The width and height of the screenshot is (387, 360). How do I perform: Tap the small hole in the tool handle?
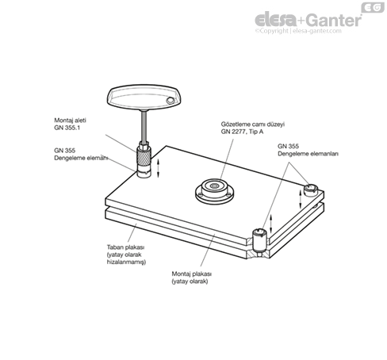170,101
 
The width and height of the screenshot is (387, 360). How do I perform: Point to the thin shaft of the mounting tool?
144,126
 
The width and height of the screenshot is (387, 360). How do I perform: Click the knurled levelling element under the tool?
144,159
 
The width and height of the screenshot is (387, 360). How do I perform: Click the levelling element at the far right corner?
310,190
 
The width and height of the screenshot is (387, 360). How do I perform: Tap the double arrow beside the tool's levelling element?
159,168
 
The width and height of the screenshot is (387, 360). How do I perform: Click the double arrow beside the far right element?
301,199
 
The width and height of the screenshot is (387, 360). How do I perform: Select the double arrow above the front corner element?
270,224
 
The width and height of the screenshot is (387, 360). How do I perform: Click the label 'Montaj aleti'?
70,121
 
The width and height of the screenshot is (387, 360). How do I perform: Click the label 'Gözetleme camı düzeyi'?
252,124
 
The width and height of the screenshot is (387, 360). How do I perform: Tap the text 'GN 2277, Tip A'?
242,132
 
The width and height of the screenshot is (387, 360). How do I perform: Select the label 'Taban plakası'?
125,247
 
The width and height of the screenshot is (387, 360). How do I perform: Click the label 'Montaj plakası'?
192,274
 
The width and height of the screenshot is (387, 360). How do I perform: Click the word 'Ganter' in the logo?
334,20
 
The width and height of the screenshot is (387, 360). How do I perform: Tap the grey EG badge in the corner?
373,7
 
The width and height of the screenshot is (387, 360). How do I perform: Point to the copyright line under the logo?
298,31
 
